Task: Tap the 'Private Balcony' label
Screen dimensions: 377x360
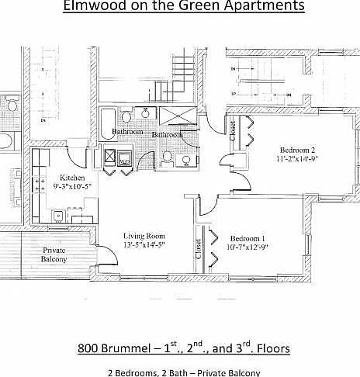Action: click(x=54, y=255)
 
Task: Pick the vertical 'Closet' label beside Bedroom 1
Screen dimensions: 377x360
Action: click(x=198, y=248)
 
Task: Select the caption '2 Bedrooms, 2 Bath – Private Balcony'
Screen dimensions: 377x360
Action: click(x=183, y=372)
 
